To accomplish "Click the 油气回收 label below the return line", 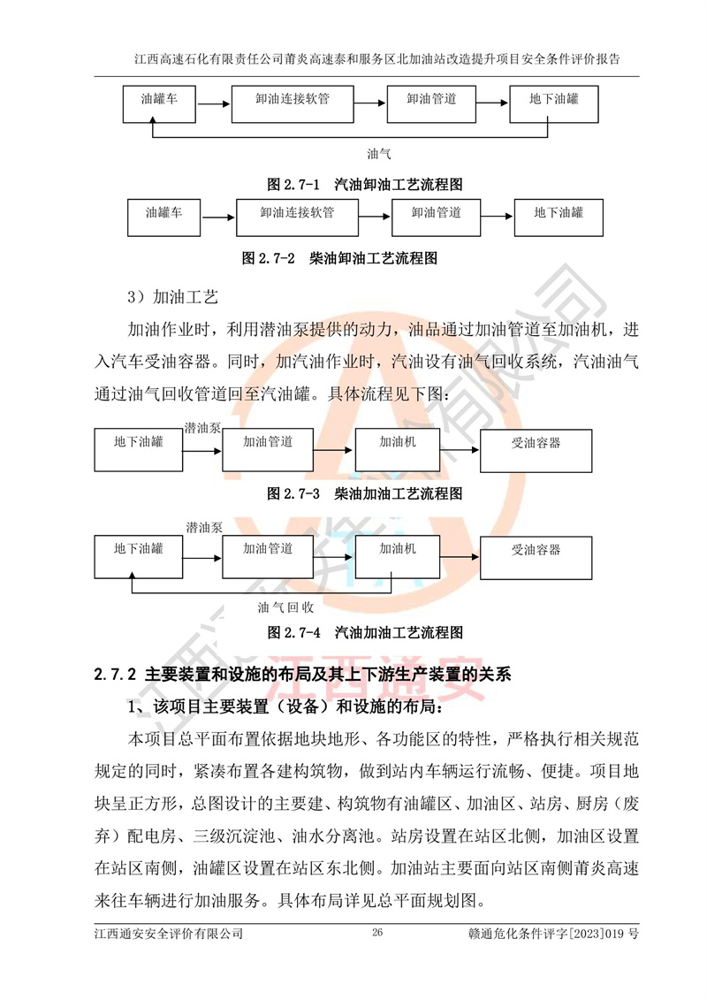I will tap(285, 607).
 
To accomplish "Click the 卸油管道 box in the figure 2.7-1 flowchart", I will tap(431, 104).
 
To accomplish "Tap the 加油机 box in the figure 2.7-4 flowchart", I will tap(398, 553).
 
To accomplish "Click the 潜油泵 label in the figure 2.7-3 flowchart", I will tap(202, 428).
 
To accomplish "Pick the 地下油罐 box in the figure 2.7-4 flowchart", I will tap(138, 553).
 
